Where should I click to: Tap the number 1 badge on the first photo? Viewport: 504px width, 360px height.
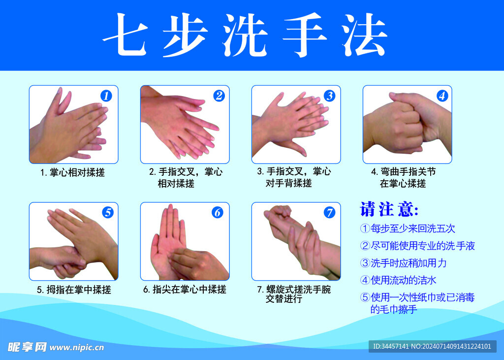(107, 96)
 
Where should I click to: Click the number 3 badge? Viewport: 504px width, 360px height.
(329, 96)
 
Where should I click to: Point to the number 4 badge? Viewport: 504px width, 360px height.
(442, 96)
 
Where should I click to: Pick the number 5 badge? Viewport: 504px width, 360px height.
(108, 213)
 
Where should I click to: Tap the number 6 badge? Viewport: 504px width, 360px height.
(218, 213)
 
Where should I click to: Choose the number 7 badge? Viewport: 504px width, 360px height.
(329, 213)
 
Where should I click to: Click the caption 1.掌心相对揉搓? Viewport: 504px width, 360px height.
(73, 173)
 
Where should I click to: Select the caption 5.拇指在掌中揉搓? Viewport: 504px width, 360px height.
(74, 290)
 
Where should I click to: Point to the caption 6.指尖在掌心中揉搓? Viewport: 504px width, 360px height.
(185, 290)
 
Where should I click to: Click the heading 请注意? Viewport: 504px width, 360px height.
(389, 209)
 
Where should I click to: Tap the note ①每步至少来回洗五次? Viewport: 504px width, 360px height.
(408, 229)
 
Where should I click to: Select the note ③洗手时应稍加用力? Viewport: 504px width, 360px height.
(404, 263)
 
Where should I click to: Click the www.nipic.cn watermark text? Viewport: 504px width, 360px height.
(77, 348)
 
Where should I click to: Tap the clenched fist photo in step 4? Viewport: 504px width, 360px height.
(407, 125)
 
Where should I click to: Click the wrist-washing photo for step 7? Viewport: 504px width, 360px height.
(296, 241)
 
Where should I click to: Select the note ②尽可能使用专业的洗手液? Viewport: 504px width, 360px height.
(417, 246)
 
